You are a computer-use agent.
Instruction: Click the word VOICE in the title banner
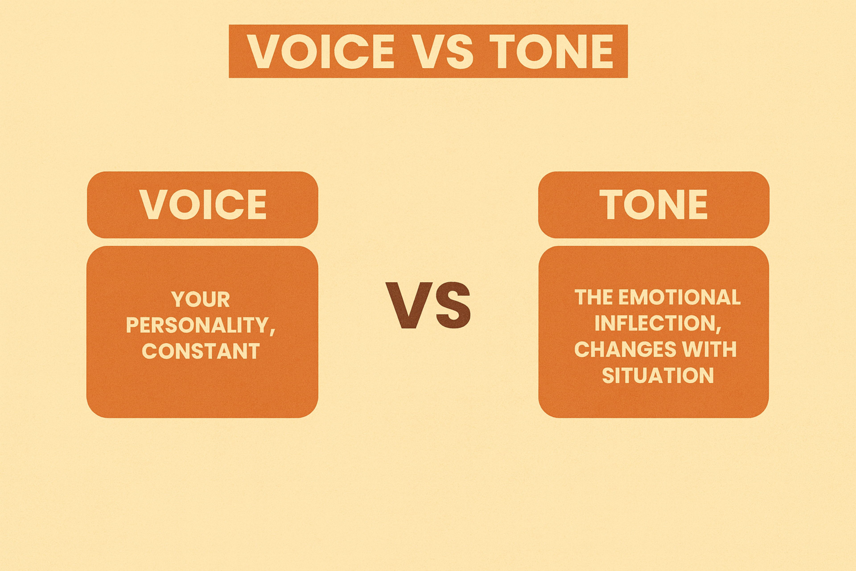coord(321,51)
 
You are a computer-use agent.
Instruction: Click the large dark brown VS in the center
coord(428,305)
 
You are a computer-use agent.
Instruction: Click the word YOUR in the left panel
coord(201,299)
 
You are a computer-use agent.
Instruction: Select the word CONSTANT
coord(201,351)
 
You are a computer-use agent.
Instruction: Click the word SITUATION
coord(658,375)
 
